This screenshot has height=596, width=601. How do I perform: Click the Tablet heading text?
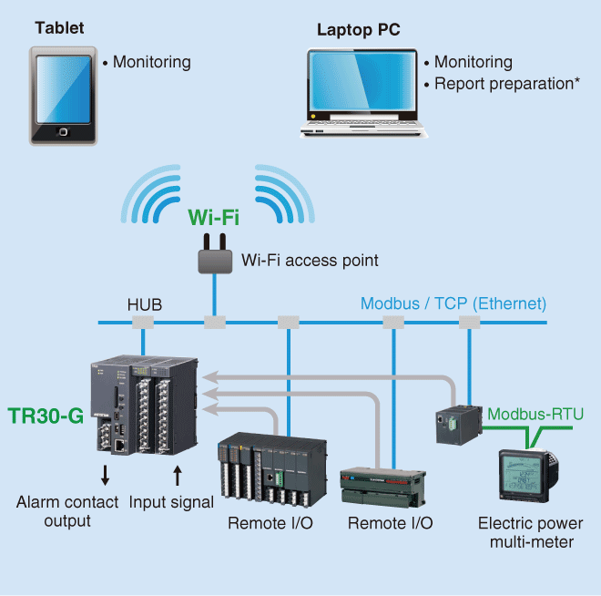(59, 27)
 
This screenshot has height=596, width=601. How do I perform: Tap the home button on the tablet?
(63, 132)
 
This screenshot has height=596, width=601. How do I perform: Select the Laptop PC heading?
(359, 29)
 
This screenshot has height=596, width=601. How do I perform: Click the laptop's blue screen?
(362, 80)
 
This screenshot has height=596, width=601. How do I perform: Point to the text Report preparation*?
(506, 84)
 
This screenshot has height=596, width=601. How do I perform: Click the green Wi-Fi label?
(213, 217)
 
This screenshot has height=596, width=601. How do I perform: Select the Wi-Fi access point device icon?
(215, 254)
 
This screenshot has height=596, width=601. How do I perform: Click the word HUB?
(145, 304)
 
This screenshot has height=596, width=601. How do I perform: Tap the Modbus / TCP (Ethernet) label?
(453, 303)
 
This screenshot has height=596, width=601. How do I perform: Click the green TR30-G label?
(46, 416)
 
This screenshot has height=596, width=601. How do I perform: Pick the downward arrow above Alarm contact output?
(105, 475)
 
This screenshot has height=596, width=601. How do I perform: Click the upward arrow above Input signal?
(177, 476)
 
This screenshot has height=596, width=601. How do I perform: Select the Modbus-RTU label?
(535, 414)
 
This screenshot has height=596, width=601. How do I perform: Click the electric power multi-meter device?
(528, 476)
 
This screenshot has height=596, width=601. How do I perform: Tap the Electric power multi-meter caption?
(531, 532)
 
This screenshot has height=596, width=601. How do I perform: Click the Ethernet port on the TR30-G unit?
(120, 446)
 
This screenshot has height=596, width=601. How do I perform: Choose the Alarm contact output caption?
(67, 511)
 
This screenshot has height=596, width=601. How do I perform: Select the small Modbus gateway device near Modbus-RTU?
(459, 425)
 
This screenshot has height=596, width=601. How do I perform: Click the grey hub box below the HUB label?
(143, 323)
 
